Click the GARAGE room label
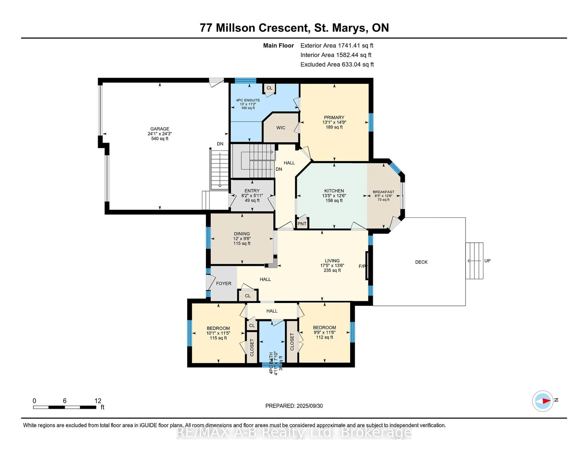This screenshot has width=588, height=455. tap(160, 129)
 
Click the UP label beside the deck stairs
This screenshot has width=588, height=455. tap(487, 261)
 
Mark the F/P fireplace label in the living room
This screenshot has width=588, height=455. tap(362, 266)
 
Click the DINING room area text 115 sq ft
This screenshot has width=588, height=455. tap(242, 243)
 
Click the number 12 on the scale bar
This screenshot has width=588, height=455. tap(98, 401)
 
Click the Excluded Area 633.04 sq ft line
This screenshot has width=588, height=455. tap(337, 64)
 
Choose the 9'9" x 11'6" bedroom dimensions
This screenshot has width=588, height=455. tap(324, 332)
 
